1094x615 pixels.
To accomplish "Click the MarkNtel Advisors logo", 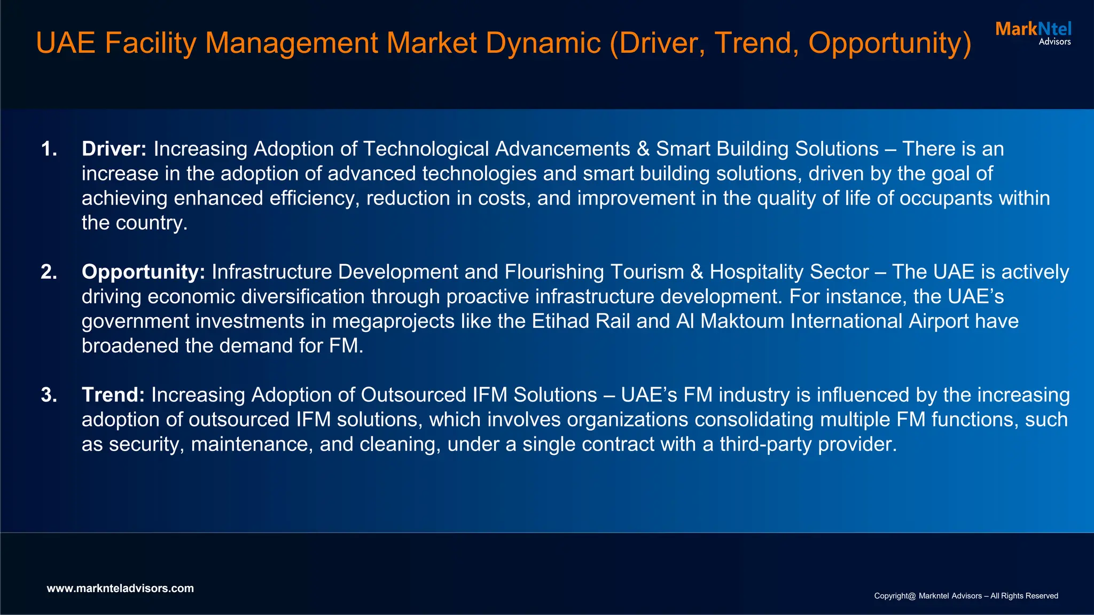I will [1033, 33].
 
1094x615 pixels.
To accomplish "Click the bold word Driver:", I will [114, 149].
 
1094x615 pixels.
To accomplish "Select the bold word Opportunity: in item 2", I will [143, 272].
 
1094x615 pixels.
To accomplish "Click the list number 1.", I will [49, 149].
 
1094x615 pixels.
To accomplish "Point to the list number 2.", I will [49, 272].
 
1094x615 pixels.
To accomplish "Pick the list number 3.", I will [49, 395].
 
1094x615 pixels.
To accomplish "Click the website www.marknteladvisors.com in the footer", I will [120, 588].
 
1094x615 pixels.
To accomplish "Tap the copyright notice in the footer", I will [966, 596].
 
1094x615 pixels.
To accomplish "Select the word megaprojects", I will [393, 321].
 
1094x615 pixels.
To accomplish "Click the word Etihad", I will [560, 321].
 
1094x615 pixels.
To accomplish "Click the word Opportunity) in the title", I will [889, 44].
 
